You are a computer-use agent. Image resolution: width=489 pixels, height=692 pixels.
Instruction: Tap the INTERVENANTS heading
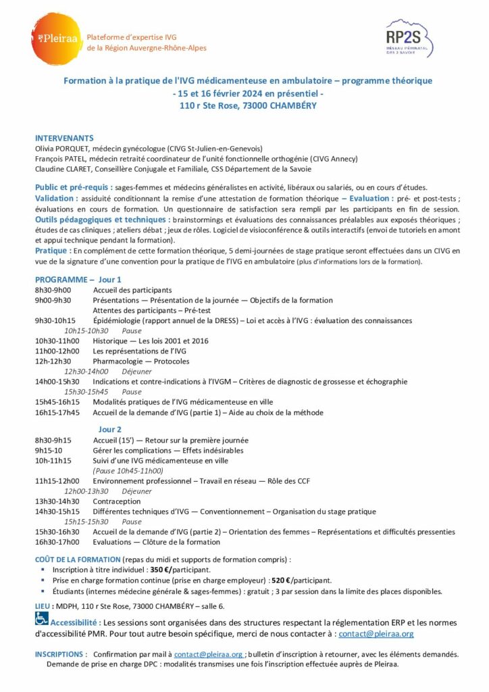pos(64,138)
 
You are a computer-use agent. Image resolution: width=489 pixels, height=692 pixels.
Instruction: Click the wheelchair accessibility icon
pos(42,618)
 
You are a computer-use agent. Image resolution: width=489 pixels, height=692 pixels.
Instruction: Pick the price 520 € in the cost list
pos(280,580)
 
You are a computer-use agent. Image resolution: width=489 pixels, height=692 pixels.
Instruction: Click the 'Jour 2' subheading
pos(110,429)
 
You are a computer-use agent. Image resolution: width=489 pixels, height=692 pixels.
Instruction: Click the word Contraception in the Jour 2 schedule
pos(117,501)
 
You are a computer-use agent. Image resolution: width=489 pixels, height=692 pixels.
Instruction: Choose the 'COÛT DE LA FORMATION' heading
pos(78,560)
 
